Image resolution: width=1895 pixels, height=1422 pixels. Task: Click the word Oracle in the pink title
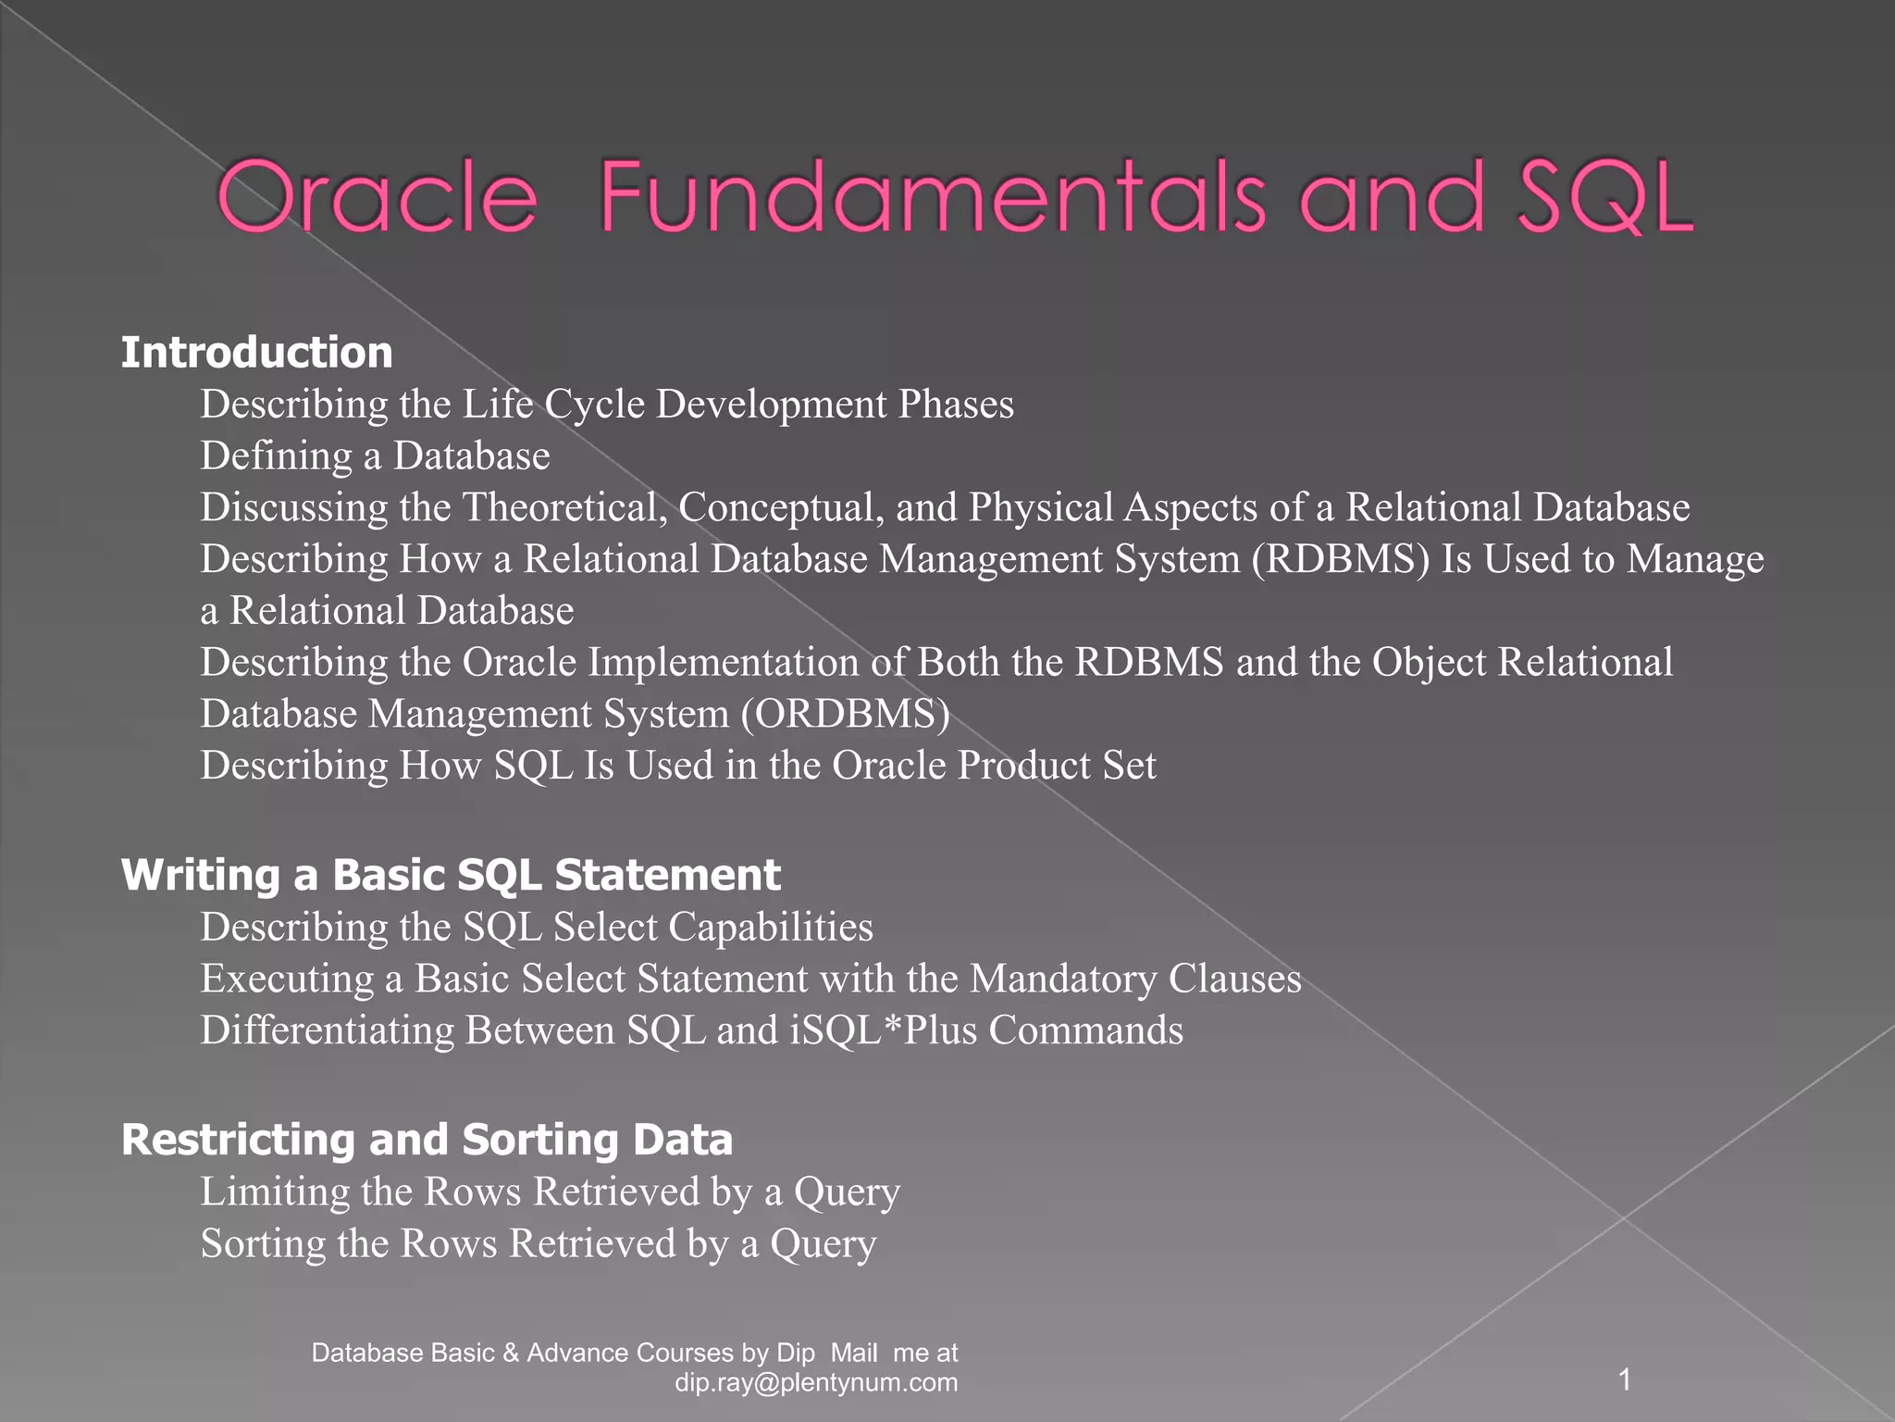coord(377,197)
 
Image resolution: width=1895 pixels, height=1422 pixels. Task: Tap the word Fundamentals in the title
coord(933,197)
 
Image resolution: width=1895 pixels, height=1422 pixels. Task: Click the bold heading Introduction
coord(257,353)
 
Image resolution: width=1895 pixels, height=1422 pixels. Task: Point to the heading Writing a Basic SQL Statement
coord(451,875)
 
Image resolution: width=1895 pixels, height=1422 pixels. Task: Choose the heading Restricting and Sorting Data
coord(427,1140)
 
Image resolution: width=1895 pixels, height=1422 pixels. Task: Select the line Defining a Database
coord(376,456)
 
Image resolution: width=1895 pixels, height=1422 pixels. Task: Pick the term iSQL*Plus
coord(884,1030)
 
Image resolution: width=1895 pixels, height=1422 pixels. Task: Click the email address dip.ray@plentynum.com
coord(816,1383)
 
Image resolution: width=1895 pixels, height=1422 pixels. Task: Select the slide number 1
coord(1624,1380)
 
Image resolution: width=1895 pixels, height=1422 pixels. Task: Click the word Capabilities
coord(771,927)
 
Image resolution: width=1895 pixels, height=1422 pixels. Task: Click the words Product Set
coord(1057,766)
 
